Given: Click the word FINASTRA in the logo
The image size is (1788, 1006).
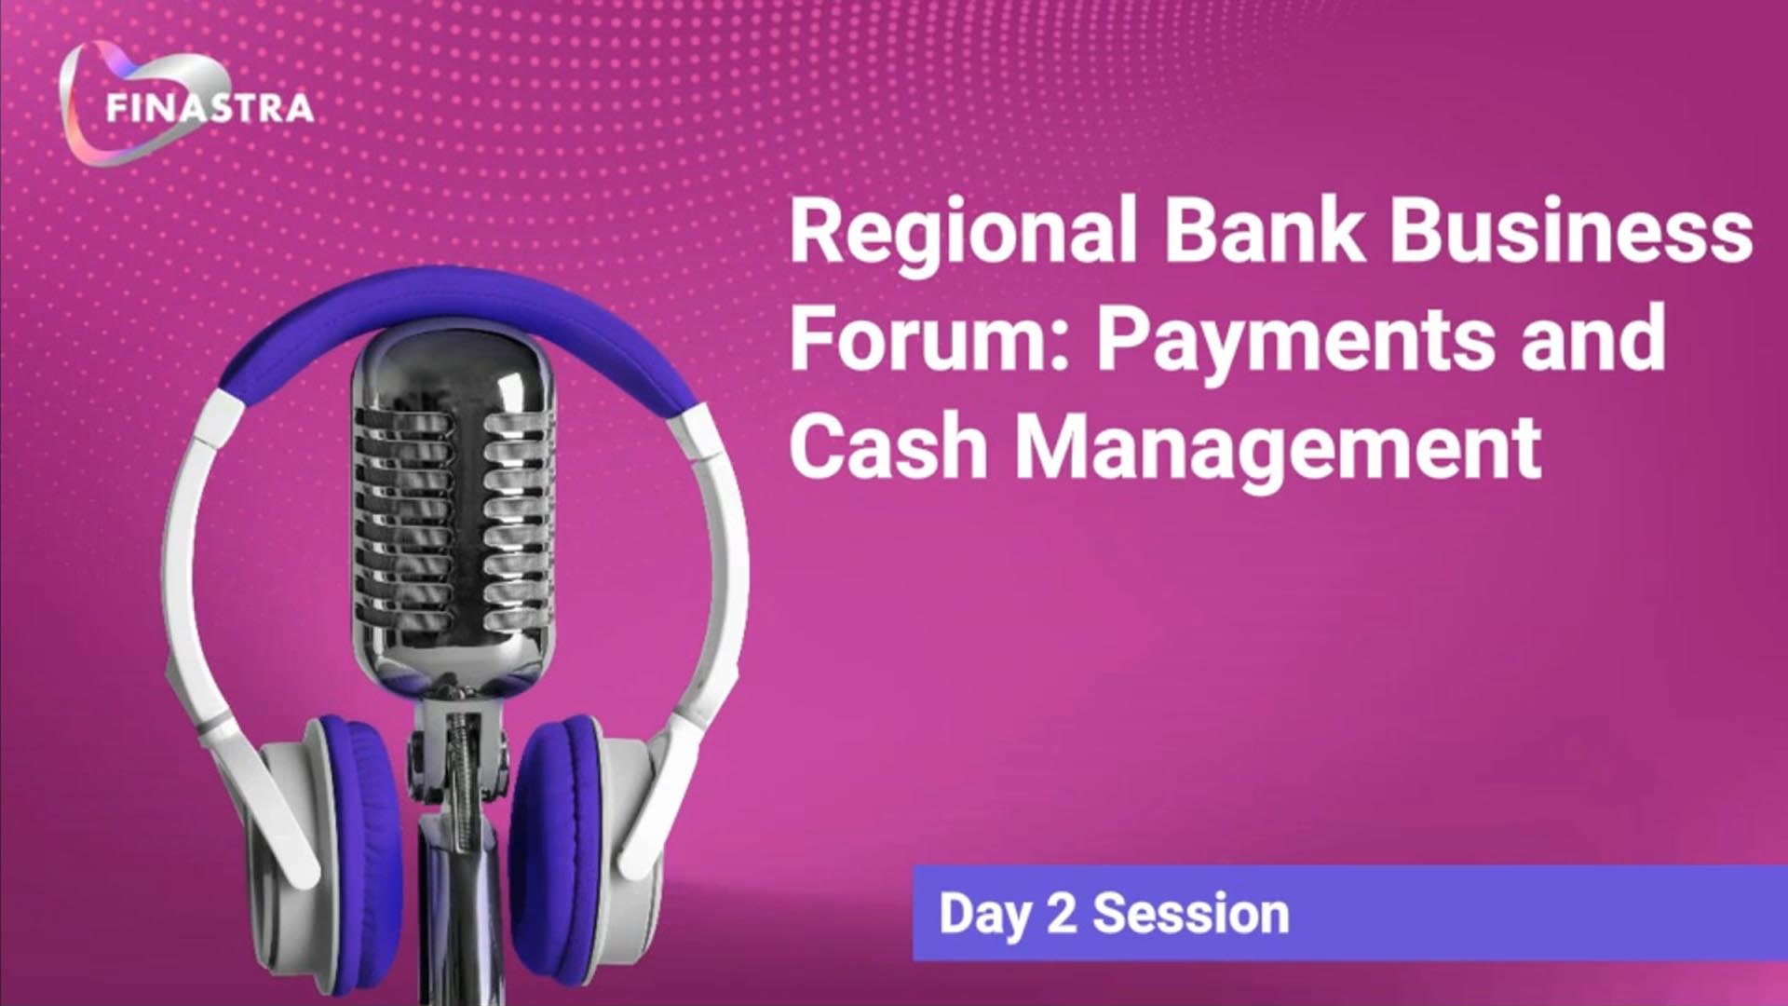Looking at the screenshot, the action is coord(210,109).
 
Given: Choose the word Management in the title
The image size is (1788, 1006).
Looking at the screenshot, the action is coord(1277,452).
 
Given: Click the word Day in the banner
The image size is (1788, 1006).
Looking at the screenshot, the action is coord(985,913).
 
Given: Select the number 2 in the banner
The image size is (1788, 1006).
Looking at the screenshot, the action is coord(1062,913).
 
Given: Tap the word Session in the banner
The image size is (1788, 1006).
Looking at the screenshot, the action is coord(1191,914).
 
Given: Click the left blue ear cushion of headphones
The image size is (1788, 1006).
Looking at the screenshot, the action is coord(358,829).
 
